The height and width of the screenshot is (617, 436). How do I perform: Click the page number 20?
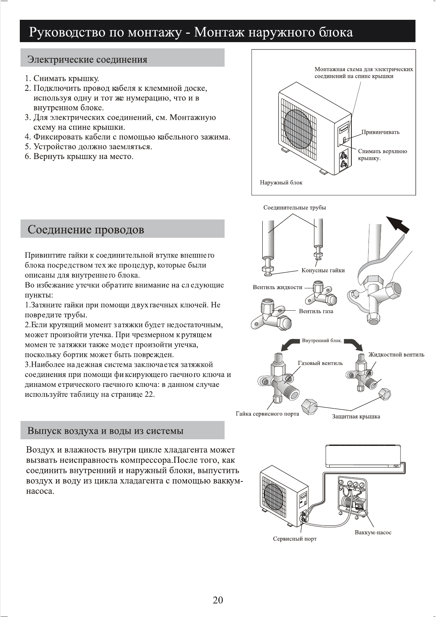pyautogui.click(x=218, y=600)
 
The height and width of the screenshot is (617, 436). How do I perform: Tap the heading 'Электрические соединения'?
pyautogui.click(x=88, y=59)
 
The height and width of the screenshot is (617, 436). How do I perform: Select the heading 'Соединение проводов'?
pyautogui.click(x=86, y=230)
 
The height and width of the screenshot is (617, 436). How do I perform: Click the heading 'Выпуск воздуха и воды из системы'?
pyautogui.click(x=106, y=431)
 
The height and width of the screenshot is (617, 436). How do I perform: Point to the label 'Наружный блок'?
pyautogui.click(x=281, y=182)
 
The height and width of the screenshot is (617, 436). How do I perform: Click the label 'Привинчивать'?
pyautogui.click(x=380, y=132)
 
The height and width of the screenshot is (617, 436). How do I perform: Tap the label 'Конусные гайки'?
pyautogui.click(x=323, y=270)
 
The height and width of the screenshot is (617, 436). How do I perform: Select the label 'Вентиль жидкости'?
pyautogui.click(x=277, y=287)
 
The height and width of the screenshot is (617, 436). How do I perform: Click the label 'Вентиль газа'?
pyautogui.click(x=316, y=311)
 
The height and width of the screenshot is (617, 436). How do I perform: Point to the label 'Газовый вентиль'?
pyautogui.click(x=320, y=363)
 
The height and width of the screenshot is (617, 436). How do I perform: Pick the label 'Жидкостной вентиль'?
pyautogui.click(x=396, y=354)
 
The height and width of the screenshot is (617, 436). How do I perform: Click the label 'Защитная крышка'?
pyautogui.click(x=356, y=417)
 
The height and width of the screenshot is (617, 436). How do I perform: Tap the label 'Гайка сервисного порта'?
pyautogui.click(x=267, y=414)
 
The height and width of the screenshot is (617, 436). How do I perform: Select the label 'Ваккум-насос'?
pyautogui.click(x=373, y=532)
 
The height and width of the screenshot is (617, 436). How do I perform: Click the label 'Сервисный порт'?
pyautogui.click(x=295, y=539)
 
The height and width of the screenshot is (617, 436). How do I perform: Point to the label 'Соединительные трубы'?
pyautogui.click(x=295, y=208)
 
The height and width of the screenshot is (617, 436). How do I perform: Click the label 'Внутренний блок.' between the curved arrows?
pyautogui.click(x=322, y=341)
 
